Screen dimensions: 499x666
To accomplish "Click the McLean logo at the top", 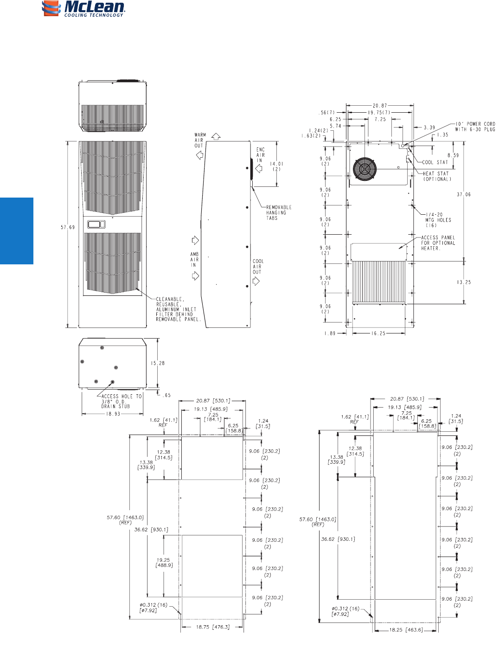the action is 83,9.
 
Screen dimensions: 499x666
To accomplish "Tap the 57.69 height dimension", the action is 68,227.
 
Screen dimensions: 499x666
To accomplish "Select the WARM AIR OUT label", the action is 200,140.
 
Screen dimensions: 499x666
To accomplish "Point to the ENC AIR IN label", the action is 260,155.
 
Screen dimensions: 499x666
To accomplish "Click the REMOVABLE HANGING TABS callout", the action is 279,212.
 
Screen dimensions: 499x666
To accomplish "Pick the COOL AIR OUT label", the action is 257,267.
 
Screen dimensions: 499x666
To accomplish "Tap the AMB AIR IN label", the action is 194,260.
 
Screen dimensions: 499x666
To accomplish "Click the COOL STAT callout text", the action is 435,162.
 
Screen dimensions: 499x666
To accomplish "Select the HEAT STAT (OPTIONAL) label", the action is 436,176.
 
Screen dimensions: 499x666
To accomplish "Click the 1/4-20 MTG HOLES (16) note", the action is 437,220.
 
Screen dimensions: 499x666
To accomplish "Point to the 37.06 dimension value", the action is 463,194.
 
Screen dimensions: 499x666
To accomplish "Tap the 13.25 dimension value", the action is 463,282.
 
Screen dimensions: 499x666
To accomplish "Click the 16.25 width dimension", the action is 378,333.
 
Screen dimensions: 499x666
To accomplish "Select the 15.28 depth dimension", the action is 158,363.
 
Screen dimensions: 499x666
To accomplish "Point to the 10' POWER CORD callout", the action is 475,127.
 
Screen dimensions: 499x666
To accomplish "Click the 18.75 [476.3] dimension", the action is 212,627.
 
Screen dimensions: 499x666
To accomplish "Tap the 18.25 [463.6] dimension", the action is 405,630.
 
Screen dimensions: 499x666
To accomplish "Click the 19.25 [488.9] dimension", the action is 164,563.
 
